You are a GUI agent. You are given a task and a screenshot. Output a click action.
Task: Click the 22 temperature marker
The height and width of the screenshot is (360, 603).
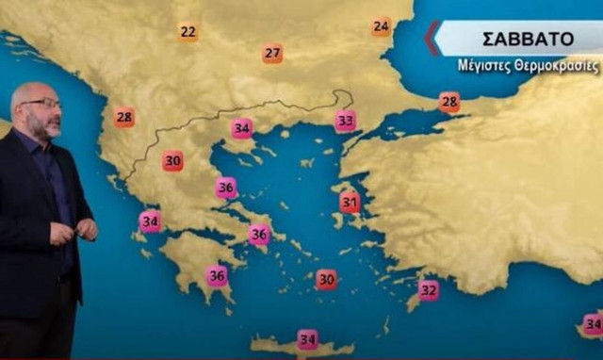pos(188,32)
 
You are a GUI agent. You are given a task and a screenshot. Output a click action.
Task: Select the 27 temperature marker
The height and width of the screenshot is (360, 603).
pos(272,54)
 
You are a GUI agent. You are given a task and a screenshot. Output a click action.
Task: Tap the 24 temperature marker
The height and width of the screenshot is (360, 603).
pos(381,26)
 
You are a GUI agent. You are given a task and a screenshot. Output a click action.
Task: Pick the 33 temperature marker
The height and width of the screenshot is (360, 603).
pos(346,121)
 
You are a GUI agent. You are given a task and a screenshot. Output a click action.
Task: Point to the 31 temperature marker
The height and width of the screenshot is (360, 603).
pos(350,203)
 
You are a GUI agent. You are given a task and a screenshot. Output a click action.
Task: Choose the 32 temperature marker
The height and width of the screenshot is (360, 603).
pos(429,290)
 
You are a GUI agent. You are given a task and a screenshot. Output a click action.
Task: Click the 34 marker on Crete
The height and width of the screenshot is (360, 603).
pos(307,339)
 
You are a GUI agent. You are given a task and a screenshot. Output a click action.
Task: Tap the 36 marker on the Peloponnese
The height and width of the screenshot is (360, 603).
pos(217,276)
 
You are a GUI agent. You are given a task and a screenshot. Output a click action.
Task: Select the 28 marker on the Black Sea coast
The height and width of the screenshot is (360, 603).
pos(449,102)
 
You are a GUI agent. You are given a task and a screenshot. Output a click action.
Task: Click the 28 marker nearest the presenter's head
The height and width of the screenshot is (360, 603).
pos(124,118)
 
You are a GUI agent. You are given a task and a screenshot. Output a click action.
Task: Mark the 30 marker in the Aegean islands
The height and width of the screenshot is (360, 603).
pos(326,279)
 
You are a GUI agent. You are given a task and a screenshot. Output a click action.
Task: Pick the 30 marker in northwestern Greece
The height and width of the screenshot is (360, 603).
pos(172,161)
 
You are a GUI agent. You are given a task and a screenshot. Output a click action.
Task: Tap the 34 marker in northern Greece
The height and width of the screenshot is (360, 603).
pos(242,128)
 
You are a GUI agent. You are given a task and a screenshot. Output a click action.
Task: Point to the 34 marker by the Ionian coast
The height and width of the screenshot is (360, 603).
pos(150,221)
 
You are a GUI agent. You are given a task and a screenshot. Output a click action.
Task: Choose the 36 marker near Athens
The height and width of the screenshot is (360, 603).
pos(259,235)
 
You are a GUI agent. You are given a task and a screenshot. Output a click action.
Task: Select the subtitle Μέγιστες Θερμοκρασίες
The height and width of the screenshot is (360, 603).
pos(528,67)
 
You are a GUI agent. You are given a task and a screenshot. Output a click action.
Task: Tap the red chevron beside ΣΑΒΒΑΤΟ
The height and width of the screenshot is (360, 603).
pos(432,38)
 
